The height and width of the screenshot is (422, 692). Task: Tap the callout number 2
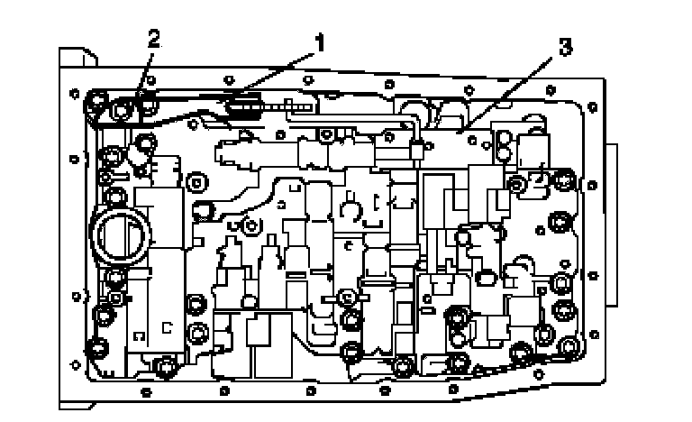point(154,39)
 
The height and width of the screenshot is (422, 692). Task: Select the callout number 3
point(564,48)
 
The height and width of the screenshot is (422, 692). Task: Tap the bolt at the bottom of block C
point(162,366)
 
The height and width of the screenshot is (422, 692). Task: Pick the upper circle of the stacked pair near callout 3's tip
point(504,139)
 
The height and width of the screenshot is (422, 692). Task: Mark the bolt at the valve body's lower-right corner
point(569,348)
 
